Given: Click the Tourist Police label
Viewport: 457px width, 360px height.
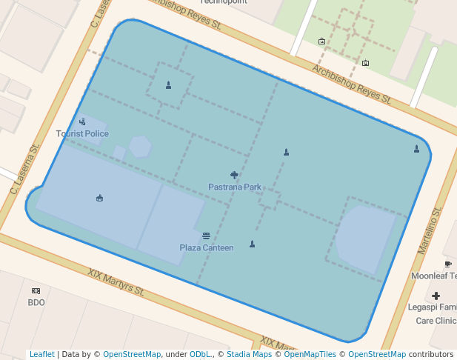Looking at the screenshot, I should coord(82,134).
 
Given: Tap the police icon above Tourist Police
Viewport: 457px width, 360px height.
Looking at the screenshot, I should coord(82,121).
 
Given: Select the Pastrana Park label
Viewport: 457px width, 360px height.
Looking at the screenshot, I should coord(235,187).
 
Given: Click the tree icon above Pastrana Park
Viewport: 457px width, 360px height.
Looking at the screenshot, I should coord(235,175).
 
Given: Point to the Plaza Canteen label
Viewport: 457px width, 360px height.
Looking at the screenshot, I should coord(207,248).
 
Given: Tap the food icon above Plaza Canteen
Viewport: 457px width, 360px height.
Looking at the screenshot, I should coord(206,236).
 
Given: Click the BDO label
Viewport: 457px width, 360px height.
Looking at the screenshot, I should coord(36,303).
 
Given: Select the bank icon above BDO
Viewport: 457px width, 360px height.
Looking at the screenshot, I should coord(36,291).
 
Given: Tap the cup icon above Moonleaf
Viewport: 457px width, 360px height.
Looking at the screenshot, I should coord(448,264).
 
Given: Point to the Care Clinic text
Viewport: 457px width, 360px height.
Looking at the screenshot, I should coord(436,321).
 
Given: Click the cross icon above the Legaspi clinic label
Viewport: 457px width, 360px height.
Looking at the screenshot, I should coord(436,296).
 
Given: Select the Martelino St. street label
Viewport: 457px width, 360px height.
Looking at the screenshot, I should coord(430,231).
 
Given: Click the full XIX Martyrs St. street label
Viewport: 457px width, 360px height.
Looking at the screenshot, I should coord(116,282).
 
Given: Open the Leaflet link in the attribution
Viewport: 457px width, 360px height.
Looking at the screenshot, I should coord(41,355).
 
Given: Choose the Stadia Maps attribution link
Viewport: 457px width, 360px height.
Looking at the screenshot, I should coord(249,355).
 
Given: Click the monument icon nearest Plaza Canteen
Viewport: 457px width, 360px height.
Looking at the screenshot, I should coord(252,244).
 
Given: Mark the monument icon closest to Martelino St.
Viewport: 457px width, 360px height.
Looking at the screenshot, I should coord(416,149).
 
